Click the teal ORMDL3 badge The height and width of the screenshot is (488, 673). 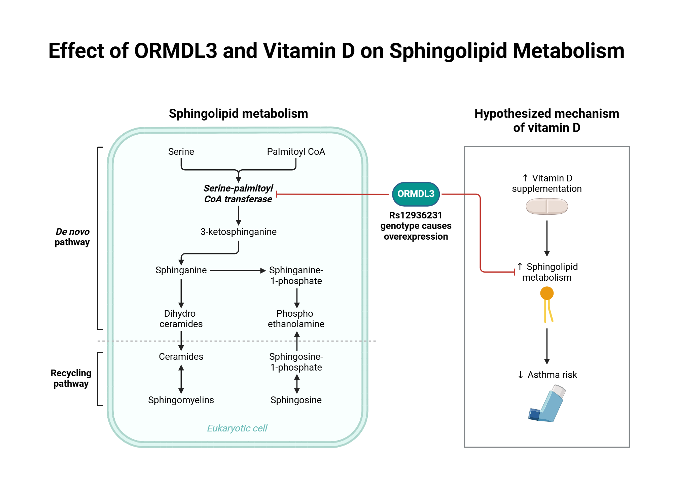click(416, 194)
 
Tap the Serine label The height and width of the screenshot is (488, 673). click(181, 152)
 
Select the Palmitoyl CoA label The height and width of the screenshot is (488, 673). click(296, 152)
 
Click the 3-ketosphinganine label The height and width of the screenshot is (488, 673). click(238, 232)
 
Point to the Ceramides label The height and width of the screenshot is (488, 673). click(181, 357)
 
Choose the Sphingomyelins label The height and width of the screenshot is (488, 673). click(181, 400)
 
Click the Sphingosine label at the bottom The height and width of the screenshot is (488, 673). click(296, 400)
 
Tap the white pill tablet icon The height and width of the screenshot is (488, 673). click(547, 206)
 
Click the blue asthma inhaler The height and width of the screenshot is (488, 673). click(547, 404)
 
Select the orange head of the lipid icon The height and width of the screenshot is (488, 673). click(547, 293)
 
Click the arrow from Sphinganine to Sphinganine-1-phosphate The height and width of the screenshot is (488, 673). click(238, 271)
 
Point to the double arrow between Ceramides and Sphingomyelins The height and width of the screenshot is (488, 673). click(181, 379)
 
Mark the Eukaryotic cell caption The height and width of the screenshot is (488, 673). click(237, 428)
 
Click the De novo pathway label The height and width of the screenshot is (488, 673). click(72, 237)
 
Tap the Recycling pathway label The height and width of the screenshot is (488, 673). click(71, 378)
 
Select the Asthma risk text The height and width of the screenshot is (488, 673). click(552, 375)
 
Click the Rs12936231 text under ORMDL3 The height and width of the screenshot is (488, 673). click(416, 215)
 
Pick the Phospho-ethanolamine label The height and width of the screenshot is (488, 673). click(296, 319)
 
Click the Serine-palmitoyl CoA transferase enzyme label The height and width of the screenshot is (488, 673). click(238, 194)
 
